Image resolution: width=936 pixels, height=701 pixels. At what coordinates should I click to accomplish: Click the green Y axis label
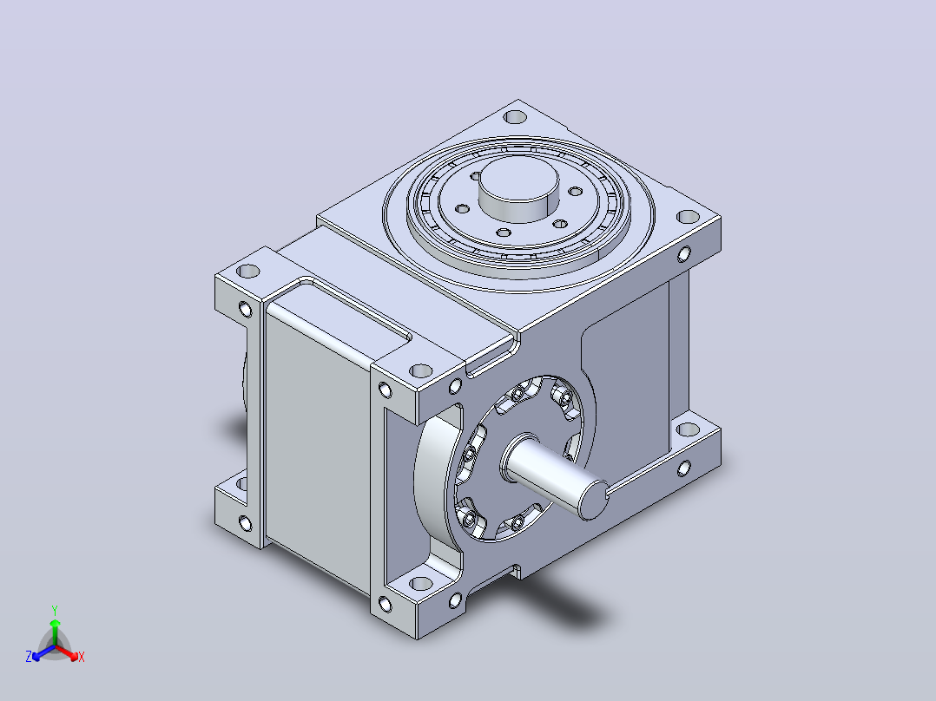(x=55, y=610)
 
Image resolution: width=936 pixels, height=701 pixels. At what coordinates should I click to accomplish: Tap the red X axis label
(x=82, y=657)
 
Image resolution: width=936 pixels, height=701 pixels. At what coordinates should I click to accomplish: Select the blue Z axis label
(x=29, y=656)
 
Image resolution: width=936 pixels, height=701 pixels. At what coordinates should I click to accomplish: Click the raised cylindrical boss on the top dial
(x=518, y=188)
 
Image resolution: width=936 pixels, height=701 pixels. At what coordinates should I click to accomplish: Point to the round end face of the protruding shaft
(x=593, y=501)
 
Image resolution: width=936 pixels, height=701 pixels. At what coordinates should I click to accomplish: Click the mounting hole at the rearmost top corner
(x=515, y=117)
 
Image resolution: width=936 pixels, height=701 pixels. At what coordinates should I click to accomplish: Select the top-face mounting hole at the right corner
(x=689, y=217)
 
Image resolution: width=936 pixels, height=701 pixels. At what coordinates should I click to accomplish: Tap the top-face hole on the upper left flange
(x=248, y=272)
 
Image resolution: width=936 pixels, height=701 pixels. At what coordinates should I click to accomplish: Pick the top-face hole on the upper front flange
(x=421, y=371)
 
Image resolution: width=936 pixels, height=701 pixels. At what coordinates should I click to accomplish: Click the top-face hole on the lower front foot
(x=421, y=584)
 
